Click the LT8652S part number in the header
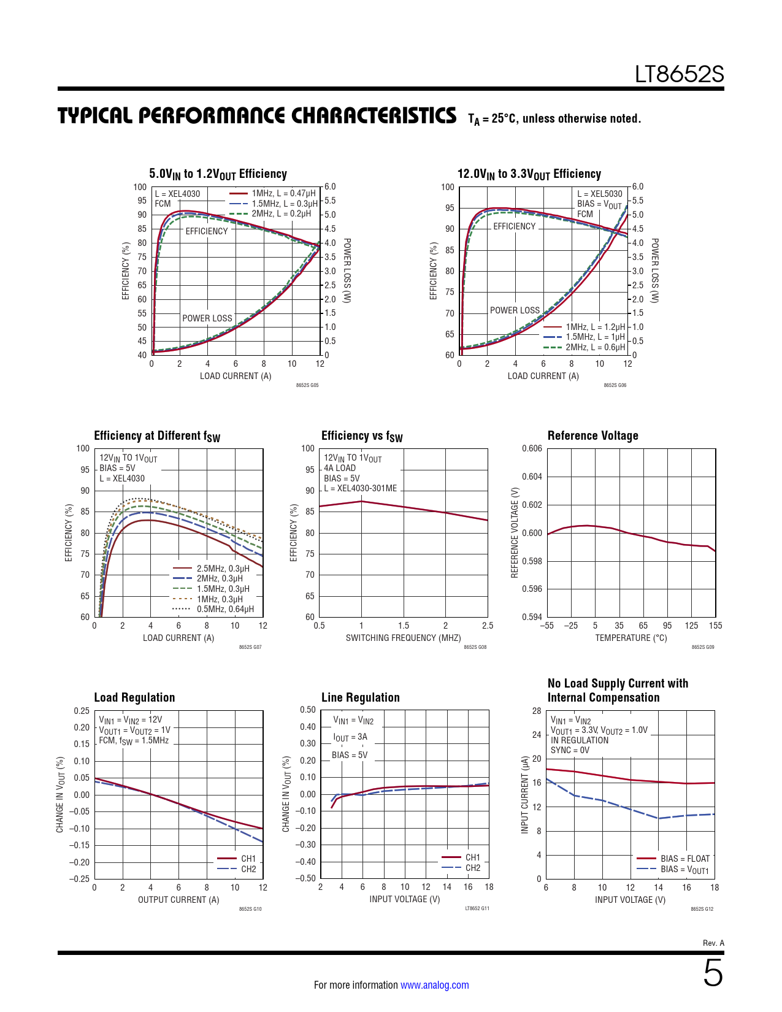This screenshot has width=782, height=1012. coord(679,74)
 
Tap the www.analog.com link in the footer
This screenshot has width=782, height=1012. coord(434,985)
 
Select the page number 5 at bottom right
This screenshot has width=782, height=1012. coord(713,973)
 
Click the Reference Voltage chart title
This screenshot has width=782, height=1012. coord(592,435)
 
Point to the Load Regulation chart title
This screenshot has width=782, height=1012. coord(134,697)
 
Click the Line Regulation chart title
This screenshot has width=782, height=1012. coord(360,697)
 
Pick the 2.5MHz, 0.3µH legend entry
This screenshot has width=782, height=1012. coord(223,569)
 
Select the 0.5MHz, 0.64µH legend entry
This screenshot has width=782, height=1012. coord(225,609)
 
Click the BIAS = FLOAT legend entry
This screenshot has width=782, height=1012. coord(684,859)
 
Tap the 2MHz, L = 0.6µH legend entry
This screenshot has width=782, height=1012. coord(595,347)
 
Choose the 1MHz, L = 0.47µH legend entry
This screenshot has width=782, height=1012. coord(284,193)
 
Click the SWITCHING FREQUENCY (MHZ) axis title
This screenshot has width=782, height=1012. coord(403,638)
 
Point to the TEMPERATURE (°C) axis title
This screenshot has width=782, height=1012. coord(631,638)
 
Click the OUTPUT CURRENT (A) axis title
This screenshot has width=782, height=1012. coord(178,900)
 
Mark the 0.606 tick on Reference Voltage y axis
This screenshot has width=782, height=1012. coord(532,448)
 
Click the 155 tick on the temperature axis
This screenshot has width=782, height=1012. coord(715,626)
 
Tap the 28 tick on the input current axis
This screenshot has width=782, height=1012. coord(537,711)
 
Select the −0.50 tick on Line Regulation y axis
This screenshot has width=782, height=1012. coord(307,878)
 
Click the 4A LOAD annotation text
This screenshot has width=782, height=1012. coord(339,468)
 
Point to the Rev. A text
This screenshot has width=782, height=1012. coord(713,943)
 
